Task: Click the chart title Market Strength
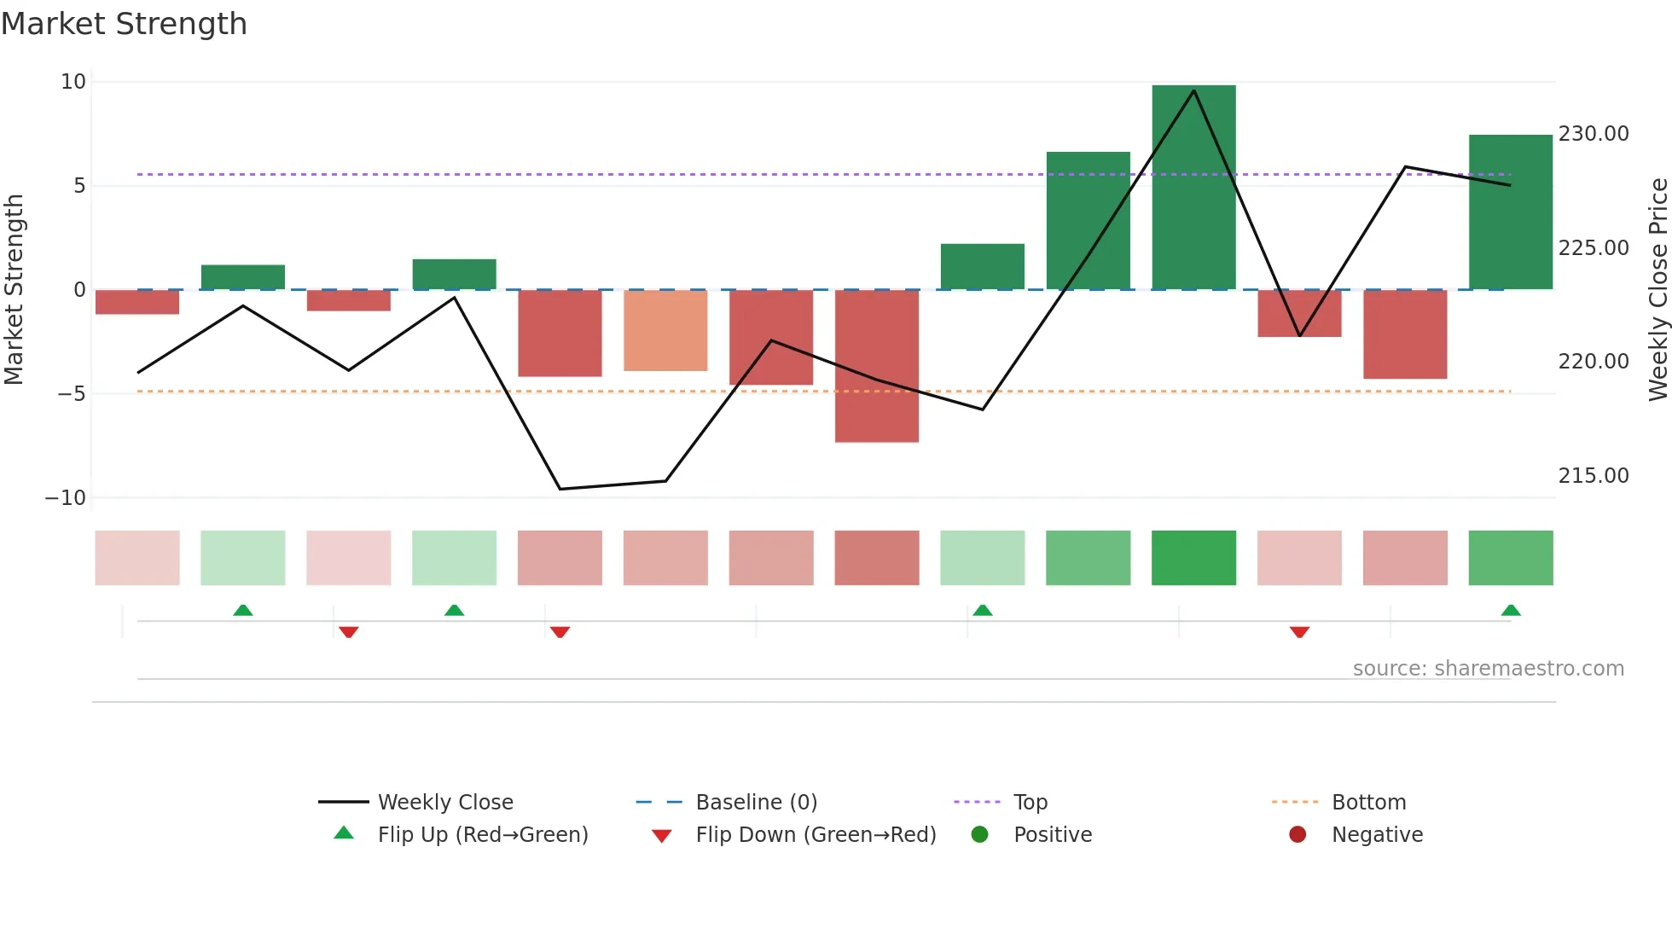tap(124, 24)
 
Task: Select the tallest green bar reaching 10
tap(1193, 188)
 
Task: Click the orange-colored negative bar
tap(665, 330)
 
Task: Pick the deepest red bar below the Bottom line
tap(876, 366)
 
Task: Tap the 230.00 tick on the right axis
tap(1593, 134)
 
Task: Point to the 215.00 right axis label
tap(1593, 476)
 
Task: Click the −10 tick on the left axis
tap(66, 498)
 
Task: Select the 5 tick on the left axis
tap(78, 186)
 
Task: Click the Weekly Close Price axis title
tap(1657, 289)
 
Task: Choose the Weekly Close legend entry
tap(444, 803)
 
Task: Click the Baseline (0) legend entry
tap(756, 803)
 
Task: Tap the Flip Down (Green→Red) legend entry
tap(815, 835)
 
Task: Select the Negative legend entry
tap(1376, 835)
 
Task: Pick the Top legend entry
tap(1030, 803)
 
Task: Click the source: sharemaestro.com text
tap(1488, 669)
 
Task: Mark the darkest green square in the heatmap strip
tap(1193, 558)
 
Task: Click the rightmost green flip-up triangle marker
tap(1511, 610)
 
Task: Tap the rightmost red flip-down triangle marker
tap(1299, 632)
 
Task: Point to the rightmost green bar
tap(1510, 212)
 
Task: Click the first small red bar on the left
tap(137, 302)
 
